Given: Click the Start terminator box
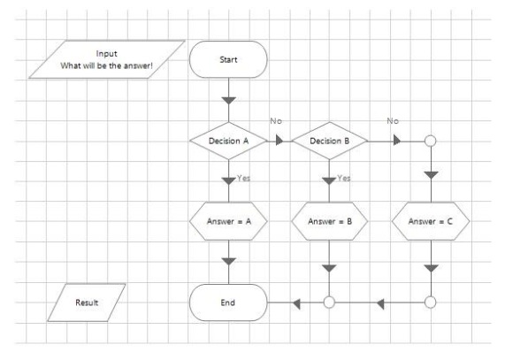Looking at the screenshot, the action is [228, 59].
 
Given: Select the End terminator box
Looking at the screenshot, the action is [228, 303].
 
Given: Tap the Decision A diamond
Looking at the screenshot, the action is [228, 141].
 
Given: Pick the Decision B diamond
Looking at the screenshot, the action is [330, 141].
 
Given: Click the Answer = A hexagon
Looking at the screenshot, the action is [228, 221].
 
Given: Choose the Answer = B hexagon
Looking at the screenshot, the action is [330, 221].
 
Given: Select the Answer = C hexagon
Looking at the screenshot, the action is [431, 221].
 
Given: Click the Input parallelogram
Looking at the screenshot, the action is [107, 59].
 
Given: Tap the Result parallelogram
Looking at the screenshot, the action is [87, 303].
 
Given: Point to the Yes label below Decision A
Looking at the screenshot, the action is [243, 178].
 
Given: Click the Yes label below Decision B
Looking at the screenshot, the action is [344, 178].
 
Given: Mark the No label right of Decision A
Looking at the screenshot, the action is [276, 121].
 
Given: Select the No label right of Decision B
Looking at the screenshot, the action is [393, 121].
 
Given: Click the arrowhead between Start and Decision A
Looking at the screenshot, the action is [229, 101].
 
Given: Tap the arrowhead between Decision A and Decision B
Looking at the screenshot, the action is [279, 141].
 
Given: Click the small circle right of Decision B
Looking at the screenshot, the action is [431, 141].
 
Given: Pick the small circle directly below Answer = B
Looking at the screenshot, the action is [329, 303].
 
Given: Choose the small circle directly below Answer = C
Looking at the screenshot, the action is [431, 303].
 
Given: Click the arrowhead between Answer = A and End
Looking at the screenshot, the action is [229, 261].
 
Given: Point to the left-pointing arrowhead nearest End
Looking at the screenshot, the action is [296, 303].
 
